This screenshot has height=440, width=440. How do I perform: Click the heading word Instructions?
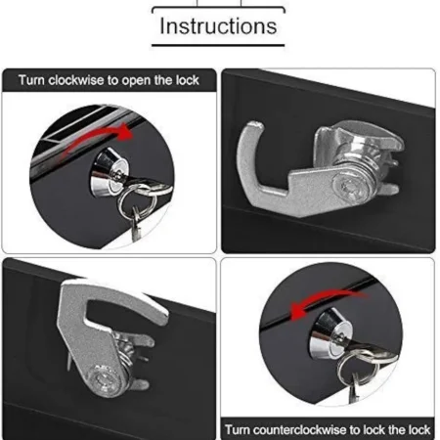pos(218,26)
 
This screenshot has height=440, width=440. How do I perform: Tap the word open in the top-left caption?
pos(136,81)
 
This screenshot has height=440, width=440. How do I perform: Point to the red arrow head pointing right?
pos(125,132)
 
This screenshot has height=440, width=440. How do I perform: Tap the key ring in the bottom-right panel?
pos(339,369)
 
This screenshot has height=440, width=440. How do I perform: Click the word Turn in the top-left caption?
pos(31,80)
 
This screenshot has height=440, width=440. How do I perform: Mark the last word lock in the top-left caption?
pos(188,80)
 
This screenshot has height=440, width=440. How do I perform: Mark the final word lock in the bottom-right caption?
pos(418,429)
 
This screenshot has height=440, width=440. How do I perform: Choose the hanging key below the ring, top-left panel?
pos(136,225)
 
